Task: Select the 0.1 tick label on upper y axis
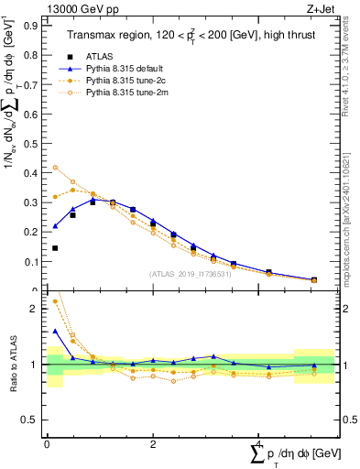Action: click(34, 261)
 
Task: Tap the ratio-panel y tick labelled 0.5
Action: click(34, 420)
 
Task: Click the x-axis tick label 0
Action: click(47, 443)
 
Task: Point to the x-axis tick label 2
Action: click(153, 443)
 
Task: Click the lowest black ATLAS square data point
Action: click(55, 248)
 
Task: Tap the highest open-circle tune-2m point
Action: click(55, 168)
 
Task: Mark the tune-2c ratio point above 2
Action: click(55, 300)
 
